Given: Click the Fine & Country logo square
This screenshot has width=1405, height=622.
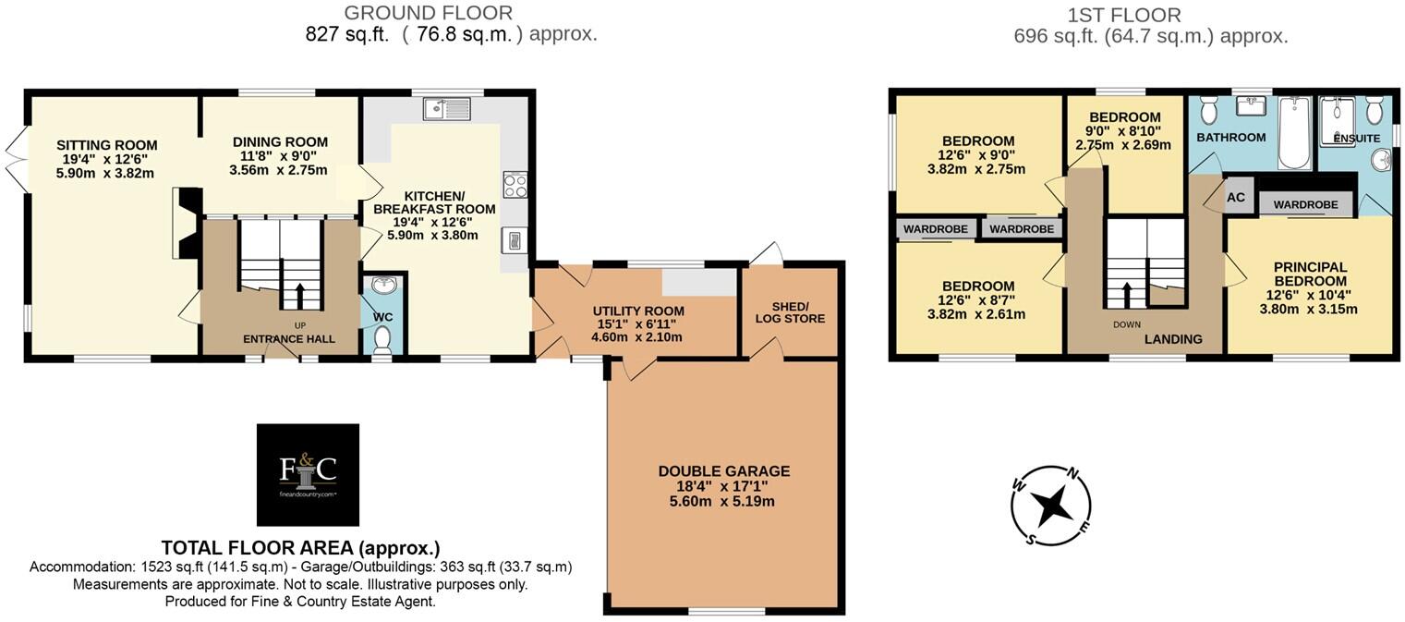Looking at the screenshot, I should [x=308, y=475].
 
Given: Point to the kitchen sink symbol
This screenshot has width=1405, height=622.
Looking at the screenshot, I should [x=448, y=109].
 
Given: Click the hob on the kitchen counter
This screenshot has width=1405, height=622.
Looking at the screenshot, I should [x=515, y=185].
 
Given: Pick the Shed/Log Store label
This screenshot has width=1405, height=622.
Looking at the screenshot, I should [x=790, y=311].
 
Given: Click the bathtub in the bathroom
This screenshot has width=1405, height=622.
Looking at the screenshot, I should [x=1294, y=133].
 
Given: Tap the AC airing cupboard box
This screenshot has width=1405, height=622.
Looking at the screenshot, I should [x=1236, y=198].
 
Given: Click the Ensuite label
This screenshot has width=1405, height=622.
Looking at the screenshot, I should [x=1357, y=138].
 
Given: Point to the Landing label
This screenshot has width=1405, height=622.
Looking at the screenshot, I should [x=1173, y=339].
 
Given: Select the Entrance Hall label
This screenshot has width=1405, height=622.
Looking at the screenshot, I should [x=288, y=339].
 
